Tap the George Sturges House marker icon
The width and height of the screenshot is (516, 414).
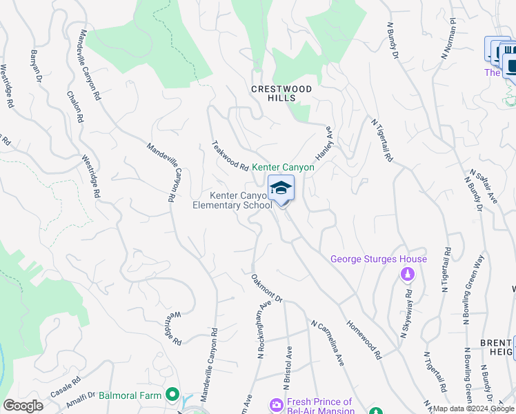(407, 275)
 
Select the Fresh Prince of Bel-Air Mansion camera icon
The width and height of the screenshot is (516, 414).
(277, 404)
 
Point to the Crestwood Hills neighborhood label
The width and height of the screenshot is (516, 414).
(281, 94)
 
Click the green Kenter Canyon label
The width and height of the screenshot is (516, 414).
(283, 167)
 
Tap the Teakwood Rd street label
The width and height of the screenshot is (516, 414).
(230, 155)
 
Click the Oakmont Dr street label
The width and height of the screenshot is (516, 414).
(267, 288)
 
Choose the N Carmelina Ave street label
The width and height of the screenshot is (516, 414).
(327, 342)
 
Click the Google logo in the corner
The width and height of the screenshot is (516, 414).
(23, 406)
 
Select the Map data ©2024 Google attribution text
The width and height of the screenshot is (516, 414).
(474, 408)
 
